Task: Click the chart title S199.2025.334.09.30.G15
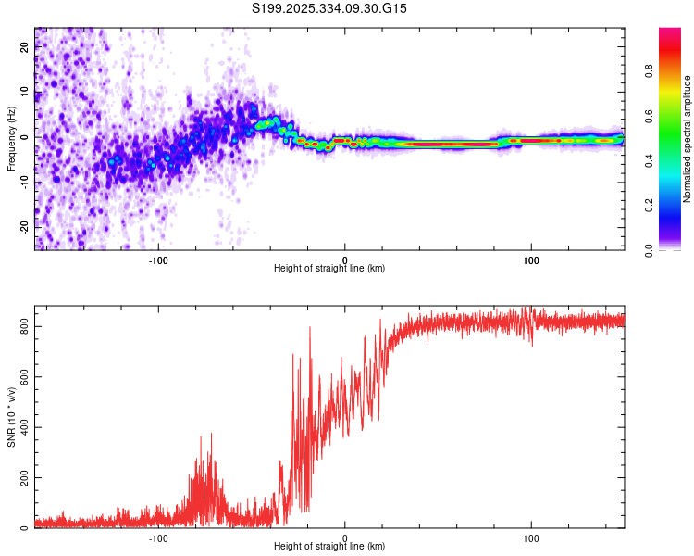point(330,8)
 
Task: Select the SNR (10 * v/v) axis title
point(11,417)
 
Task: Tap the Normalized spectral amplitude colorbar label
point(687,139)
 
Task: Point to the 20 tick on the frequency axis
point(25,48)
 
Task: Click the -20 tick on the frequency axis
point(25,226)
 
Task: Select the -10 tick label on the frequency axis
point(25,182)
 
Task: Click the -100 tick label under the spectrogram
point(158,259)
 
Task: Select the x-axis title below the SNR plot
point(329,547)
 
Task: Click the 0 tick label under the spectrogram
point(345,259)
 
